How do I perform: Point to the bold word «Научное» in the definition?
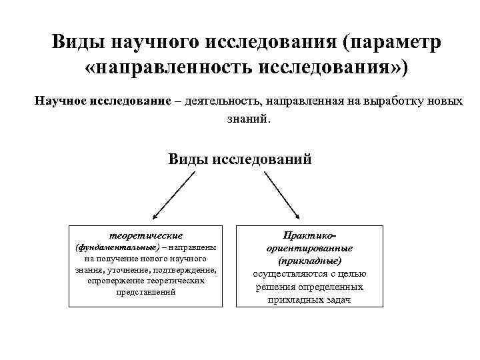coord(61,102)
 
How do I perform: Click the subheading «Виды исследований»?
coord(239,159)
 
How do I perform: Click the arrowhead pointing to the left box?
coord(155,216)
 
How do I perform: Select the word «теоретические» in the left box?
coord(145,235)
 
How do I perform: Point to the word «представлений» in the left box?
coord(145,292)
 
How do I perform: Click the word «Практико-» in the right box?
coord(309,235)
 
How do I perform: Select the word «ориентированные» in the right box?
coord(309,248)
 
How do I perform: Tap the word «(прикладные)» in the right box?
coord(309,261)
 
